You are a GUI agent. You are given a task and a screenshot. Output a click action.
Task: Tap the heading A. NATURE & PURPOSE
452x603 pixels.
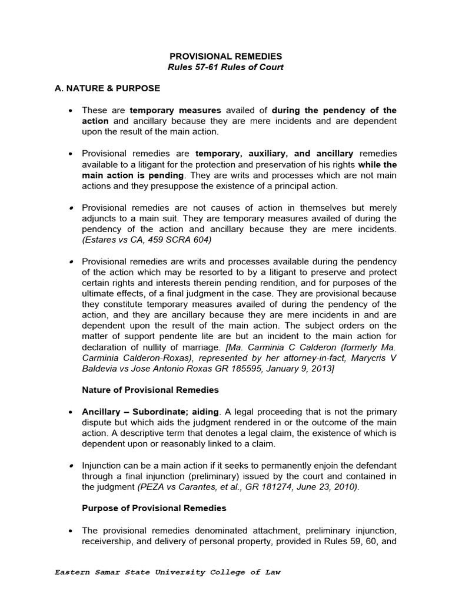click(107, 88)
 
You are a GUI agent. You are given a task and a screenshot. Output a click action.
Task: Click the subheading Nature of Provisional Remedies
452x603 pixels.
click(150, 390)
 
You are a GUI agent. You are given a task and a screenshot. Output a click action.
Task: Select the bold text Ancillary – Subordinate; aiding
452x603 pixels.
click(150, 412)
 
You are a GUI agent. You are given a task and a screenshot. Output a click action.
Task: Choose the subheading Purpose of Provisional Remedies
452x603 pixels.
click(154, 508)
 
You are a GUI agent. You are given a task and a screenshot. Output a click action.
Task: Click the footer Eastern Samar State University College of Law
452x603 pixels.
click(167, 572)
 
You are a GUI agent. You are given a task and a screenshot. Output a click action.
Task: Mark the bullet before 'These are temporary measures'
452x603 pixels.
click(71, 111)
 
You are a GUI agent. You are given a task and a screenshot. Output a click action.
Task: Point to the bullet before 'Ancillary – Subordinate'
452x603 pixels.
click(71, 412)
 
